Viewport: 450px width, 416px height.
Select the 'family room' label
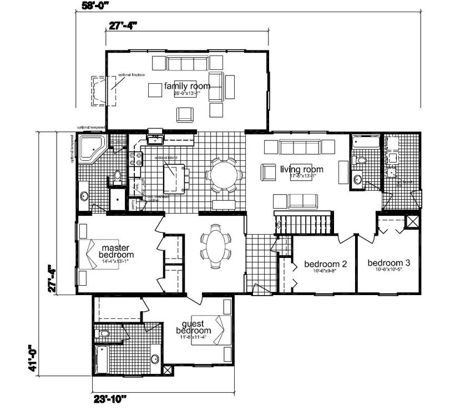(187, 86)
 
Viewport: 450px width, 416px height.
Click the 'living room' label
(301, 169)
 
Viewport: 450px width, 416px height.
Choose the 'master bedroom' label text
(115, 251)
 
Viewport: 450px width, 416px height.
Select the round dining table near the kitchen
(224, 175)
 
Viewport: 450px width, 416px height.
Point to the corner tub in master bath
(90, 148)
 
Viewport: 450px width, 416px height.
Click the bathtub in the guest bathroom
(103, 360)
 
